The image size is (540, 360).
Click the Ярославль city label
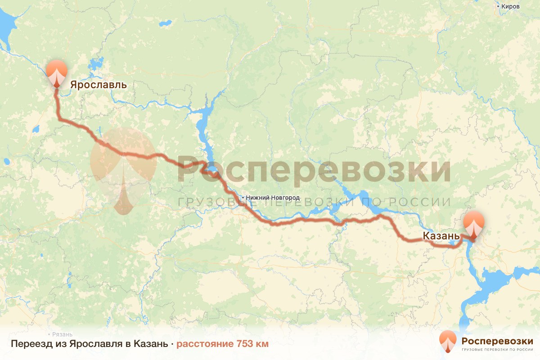pyautogui.click(x=98, y=85)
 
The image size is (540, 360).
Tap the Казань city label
pyautogui.click(x=441, y=236)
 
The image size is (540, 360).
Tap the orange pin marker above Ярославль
pyautogui.click(x=56, y=72)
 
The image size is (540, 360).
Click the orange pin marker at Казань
pyautogui.click(x=474, y=224)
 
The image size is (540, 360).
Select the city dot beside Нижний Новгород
pyautogui.click(x=243, y=198)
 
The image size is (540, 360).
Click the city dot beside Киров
pyautogui.click(x=498, y=6)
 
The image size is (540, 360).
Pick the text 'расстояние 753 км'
pyautogui.click(x=222, y=344)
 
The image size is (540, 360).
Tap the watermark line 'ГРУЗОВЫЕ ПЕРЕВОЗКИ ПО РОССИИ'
pyautogui.click(x=314, y=202)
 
